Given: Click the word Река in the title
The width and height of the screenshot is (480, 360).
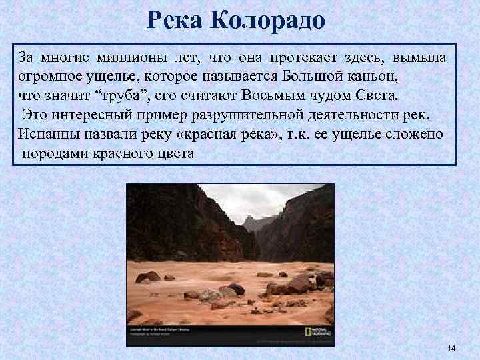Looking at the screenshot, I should pos(175,21).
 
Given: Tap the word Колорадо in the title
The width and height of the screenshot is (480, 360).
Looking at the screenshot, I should pos(268,21).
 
